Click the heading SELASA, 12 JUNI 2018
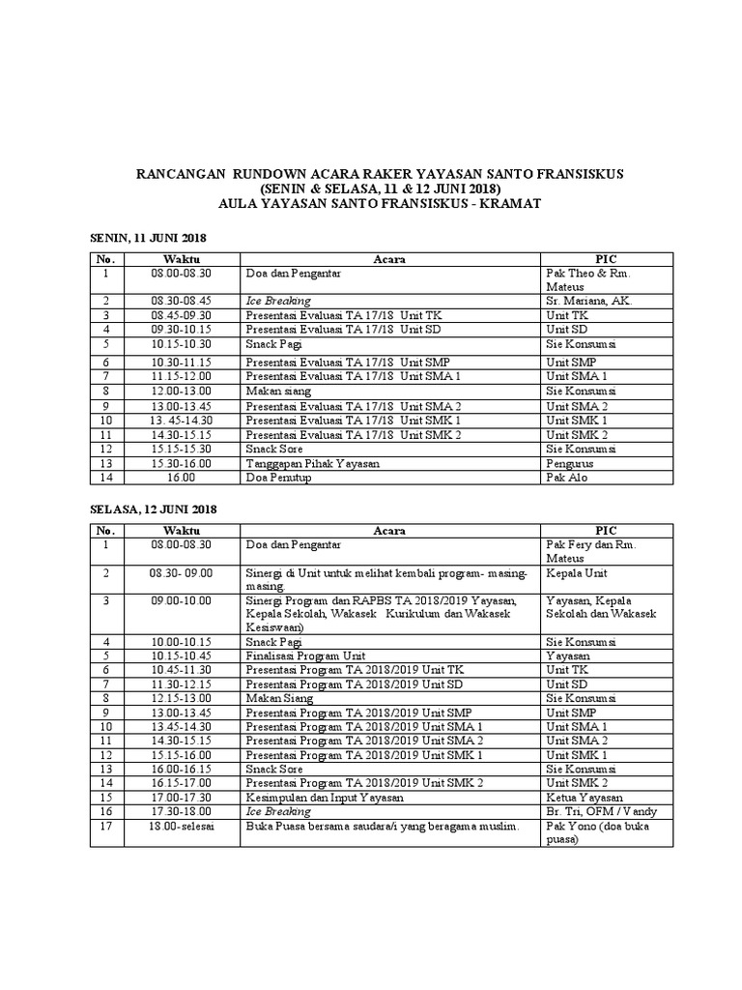pos(154,510)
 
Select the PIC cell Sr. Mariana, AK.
pos(589,302)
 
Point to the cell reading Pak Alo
pos(567,479)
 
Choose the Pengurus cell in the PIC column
pos(570,464)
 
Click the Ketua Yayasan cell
pos(583,798)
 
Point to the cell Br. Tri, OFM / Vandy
pos(601,811)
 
